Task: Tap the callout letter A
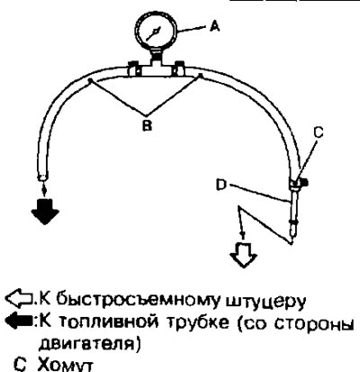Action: [214, 27]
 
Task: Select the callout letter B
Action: [147, 125]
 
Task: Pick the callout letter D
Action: [221, 186]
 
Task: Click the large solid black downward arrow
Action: [45, 212]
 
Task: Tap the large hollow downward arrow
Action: [243, 255]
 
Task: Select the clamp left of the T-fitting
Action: [132, 69]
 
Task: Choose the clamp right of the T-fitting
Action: [179, 68]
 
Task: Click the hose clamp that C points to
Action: [298, 184]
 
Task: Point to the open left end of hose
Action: [42, 177]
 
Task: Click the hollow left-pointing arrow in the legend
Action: [19, 299]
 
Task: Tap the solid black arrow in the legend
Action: [19, 322]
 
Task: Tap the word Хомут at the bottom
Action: [65, 364]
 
